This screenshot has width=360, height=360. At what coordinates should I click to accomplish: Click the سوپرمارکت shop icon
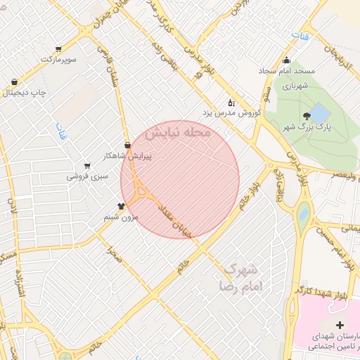tap(58, 49)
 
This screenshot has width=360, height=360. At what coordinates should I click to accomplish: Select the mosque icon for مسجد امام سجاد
tap(285, 60)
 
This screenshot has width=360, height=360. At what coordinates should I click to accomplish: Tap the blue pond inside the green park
tap(319, 112)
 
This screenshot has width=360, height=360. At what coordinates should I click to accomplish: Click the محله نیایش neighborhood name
tap(178, 132)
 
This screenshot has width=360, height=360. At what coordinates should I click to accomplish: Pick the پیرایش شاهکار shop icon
tap(127, 146)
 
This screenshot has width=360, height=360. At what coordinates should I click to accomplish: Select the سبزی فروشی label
tap(87, 176)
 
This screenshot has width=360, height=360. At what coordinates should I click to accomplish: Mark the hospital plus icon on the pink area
tap(341, 326)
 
